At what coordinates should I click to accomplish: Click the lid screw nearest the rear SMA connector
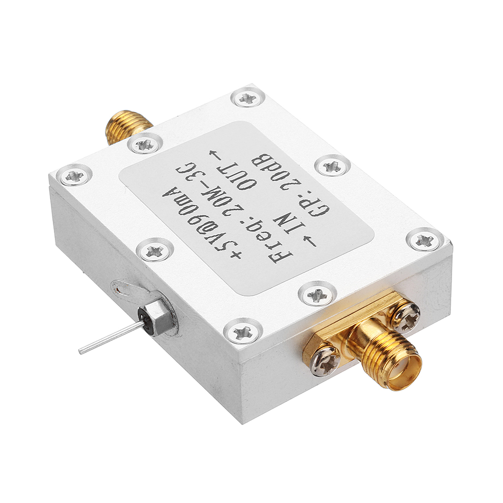[x=145, y=145]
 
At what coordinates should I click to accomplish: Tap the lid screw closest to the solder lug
[x=154, y=250]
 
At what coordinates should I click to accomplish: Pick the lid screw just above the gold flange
[x=317, y=294]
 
